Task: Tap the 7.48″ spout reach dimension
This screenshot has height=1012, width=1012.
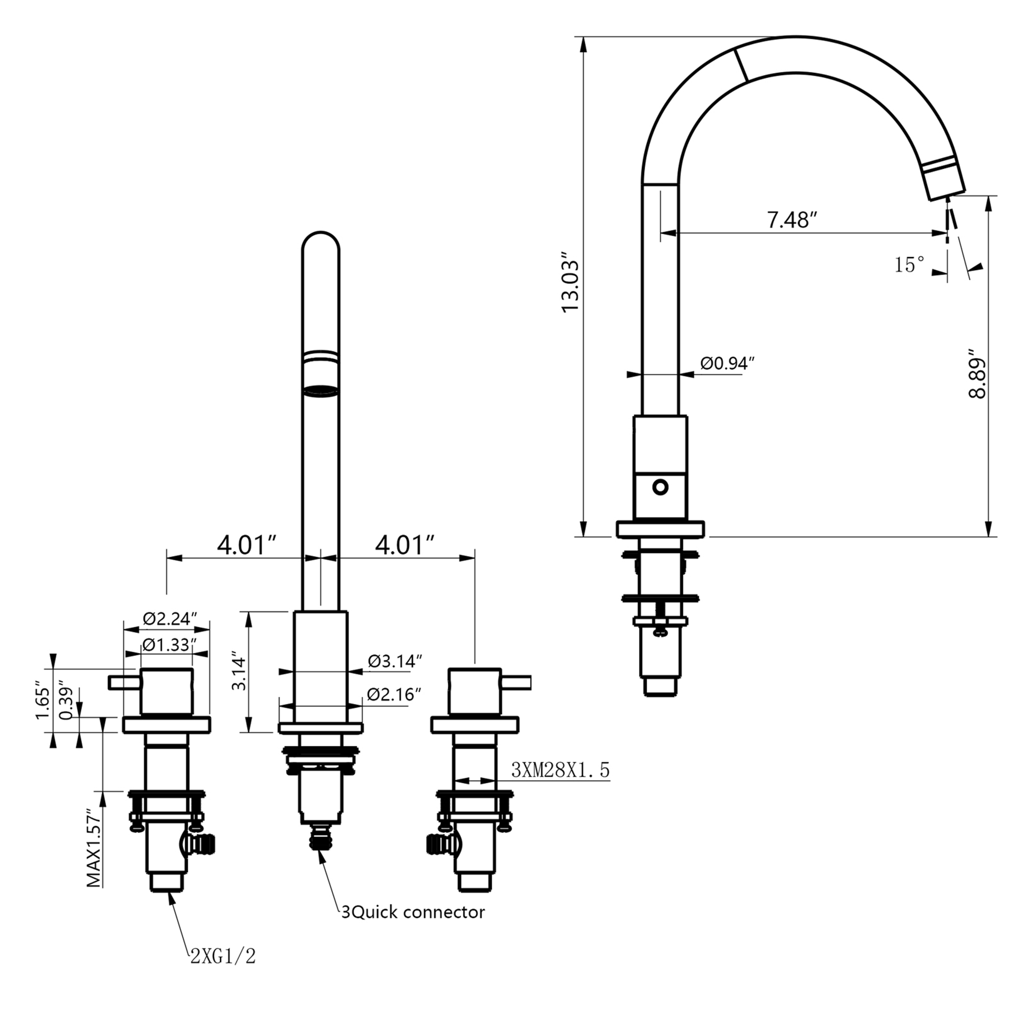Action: (792, 220)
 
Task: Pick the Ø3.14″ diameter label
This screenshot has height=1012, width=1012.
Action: (395, 661)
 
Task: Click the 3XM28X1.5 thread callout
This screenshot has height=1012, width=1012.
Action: (561, 770)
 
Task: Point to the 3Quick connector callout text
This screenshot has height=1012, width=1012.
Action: (413, 912)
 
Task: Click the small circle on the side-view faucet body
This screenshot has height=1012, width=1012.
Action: (660, 487)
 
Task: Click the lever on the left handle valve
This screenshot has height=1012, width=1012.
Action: (124, 683)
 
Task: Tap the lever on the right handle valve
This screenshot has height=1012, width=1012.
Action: (517, 683)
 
